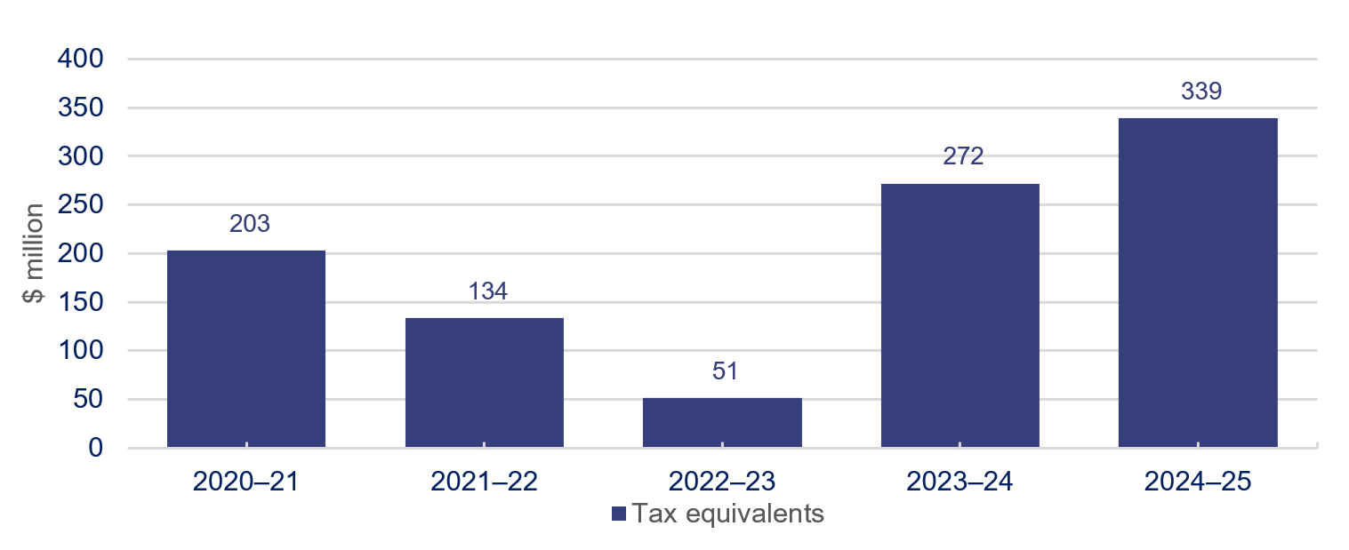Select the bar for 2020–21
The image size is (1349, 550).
(246, 348)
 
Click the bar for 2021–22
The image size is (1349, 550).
(485, 382)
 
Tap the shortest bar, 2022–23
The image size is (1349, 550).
(722, 422)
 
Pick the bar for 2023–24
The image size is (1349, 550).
(960, 315)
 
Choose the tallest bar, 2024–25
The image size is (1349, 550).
(1198, 283)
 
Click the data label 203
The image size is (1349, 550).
(249, 224)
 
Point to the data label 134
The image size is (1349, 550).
(487, 291)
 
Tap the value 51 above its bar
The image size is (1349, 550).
(725, 371)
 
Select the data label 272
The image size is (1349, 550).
(963, 157)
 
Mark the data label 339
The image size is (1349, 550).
(1201, 92)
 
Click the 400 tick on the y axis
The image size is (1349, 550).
(80, 60)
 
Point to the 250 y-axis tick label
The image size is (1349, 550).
(80, 205)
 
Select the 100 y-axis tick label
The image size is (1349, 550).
(80, 351)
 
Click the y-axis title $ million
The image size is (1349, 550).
(35, 253)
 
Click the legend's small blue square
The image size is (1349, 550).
(619, 514)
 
